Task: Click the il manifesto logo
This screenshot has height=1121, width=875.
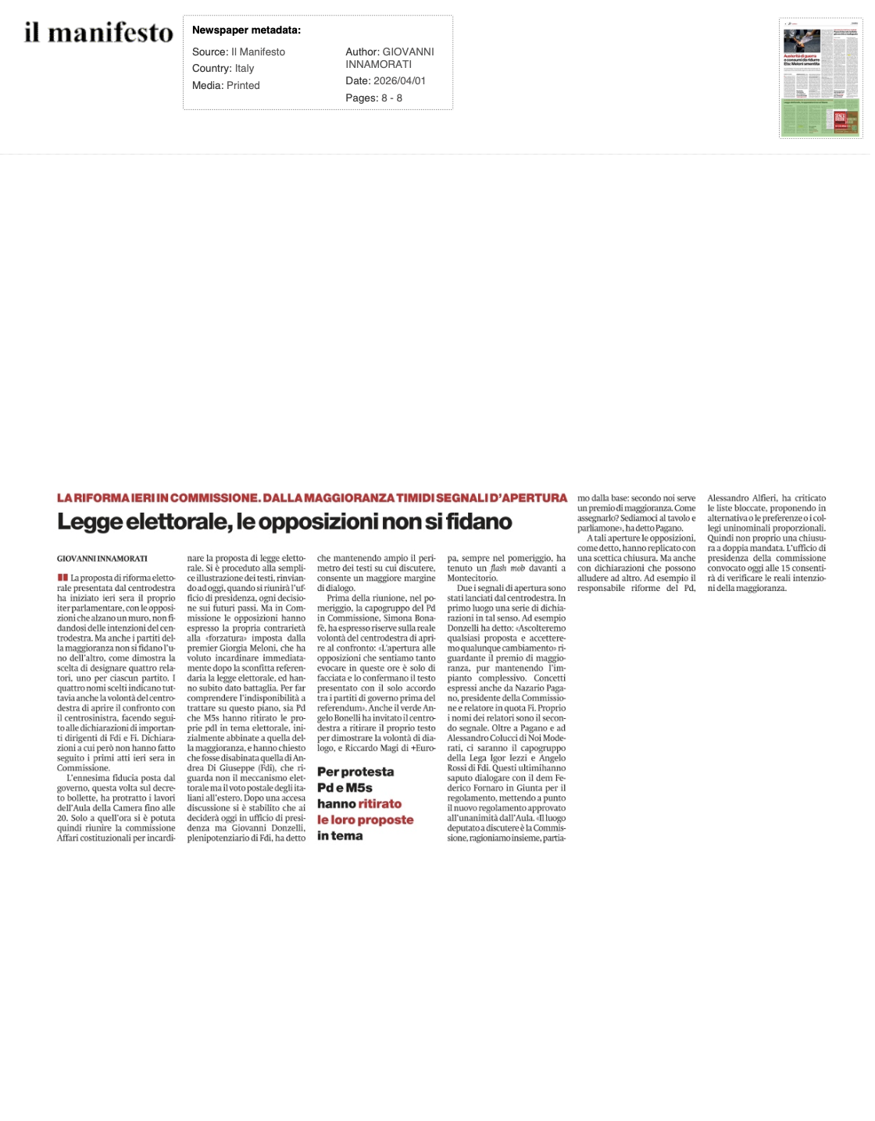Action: (x=98, y=33)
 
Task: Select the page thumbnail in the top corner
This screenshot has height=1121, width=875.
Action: (x=820, y=78)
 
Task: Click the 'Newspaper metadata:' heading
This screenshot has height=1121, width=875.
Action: (x=246, y=30)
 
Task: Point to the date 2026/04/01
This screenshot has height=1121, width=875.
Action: (x=388, y=81)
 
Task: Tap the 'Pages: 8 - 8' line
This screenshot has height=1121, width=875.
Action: (x=373, y=98)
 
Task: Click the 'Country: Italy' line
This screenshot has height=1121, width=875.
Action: (x=223, y=69)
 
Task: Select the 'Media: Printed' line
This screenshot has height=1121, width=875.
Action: (x=226, y=86)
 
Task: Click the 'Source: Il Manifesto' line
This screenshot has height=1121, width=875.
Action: (x=238, y=52)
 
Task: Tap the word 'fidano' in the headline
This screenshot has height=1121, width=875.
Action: (x=479, y=522)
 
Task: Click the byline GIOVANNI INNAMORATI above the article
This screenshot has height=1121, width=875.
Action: (x=102, y=559)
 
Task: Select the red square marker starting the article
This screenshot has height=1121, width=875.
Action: (x=62, y=578)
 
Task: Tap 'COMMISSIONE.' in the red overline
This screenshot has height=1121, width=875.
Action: (x=215, y=498)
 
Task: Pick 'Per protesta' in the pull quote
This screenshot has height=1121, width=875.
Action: (x=355, y=772)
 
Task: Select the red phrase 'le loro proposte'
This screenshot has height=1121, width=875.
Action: (x=365, y=820)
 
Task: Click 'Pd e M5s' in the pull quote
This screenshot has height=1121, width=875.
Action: (x=345, y=788)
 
